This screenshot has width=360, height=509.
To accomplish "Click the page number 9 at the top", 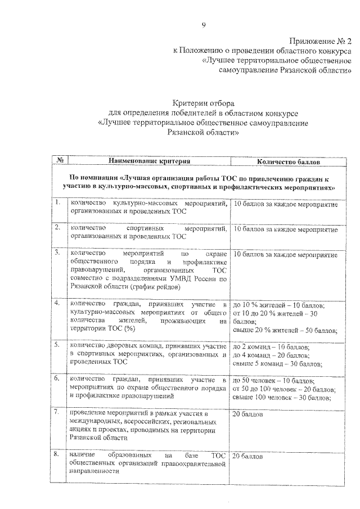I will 204,25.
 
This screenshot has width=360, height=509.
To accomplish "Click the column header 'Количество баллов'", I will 289,162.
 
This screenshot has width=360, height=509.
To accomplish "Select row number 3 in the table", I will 57,253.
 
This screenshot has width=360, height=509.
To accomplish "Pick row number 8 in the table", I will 57,454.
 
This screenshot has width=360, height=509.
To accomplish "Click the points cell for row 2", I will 285,229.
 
